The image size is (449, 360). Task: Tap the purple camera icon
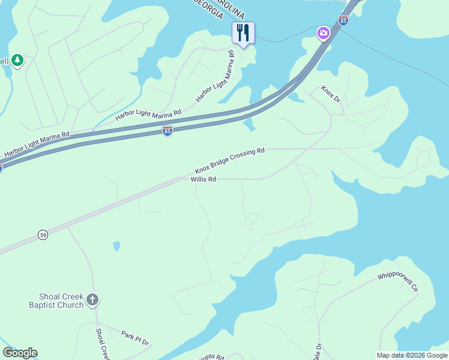pyautogui.click(x=324, y=33)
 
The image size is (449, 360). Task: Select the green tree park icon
pyautogui.click(x=17, y=60)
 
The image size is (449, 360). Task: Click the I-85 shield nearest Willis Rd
pyautogui.click(x=167, y=131)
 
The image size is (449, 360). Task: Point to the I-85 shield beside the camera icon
pyautogui.click(x=343, y=21)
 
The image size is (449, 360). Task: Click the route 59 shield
pyautogui.click(x=42, y=233)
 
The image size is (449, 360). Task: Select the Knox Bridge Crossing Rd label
pyautogui.click(x=229, y=161)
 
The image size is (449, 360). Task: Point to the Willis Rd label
pyautogui.click(x=203, y=179)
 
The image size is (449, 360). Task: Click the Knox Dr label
pyautogui.click(x=330, y=94)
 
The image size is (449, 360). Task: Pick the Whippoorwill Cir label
pyautogui.click(x=398, y=283)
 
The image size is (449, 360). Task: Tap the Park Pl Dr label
pyautogui.click(x=134, y=337)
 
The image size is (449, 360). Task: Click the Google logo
pyautogui.click(x=20, y=353)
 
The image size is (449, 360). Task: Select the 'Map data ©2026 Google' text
pyautogui.click(x=412, y=355)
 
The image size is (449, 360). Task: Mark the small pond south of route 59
pyautogui.click(x=116, y=245)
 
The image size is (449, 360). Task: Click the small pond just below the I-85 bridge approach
pyautogui.click(x=249, y=125)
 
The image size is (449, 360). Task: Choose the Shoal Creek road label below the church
pyautogui.click(x=103, y=343)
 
